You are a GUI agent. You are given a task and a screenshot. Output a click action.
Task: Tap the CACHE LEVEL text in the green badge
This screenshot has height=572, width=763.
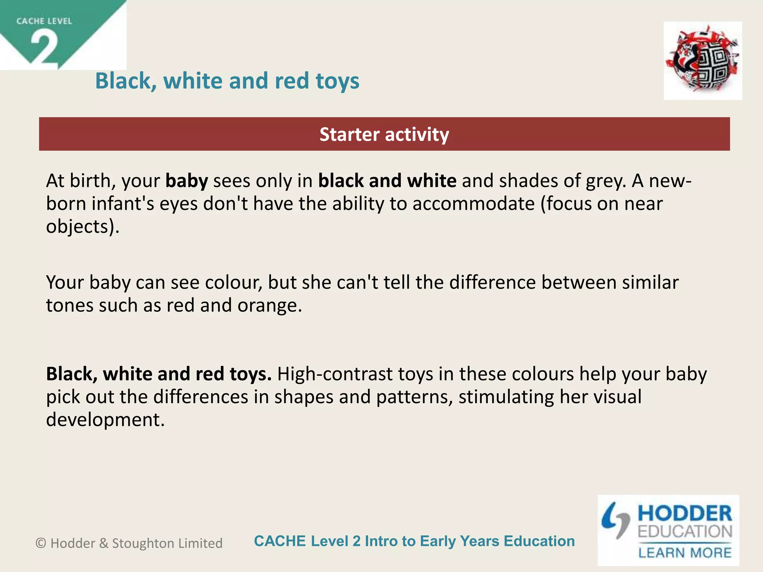click(x=44, y=21)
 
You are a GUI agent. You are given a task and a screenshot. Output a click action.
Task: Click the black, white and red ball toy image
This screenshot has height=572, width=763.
click(x=703, y=61)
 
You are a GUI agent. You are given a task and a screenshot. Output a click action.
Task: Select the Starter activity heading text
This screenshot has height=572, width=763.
click(x=384, y=134)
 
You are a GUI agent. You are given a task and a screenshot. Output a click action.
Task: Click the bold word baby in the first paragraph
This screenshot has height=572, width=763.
click(x=187, y=181)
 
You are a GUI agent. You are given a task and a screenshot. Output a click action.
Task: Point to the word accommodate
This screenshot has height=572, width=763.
click(x=473, y=204)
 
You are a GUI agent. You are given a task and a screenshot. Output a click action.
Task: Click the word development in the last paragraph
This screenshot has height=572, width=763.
click(x=105, y=420)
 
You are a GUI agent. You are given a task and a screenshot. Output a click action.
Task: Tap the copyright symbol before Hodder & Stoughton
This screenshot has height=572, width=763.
click(x=41, y=543)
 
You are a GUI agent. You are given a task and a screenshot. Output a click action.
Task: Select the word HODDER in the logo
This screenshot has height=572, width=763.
click(x=685, y=514)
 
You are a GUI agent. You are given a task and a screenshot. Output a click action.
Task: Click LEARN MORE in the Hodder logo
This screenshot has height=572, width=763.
click(x=685, y=553)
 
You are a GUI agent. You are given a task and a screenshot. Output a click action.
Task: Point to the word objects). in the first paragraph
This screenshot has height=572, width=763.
click(x=83, y=227)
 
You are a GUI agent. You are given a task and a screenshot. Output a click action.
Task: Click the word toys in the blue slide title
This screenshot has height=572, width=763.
click(x=337, y=81)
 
